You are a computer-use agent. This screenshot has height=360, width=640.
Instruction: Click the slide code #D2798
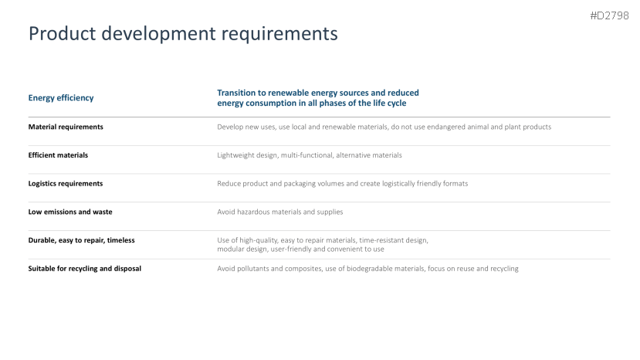(x=609, y=15)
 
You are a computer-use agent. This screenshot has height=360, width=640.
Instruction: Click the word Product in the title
(x=62, y=33)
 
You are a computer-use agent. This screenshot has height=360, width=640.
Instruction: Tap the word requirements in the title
(x=279, y=34)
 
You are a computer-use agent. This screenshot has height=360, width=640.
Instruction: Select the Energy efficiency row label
(x=61, y=97)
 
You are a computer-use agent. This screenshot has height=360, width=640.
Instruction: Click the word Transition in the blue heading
(x=237, y=93)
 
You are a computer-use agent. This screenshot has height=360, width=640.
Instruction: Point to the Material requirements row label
(x=66, y=127)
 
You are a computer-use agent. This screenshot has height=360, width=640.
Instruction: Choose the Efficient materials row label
(x=58, y=155)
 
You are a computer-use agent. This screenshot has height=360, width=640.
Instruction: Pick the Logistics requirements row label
(x=66, y=183)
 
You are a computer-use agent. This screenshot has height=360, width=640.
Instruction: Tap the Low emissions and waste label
(x=70, y=212)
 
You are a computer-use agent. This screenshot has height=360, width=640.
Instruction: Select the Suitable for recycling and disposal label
(x=84, y=269)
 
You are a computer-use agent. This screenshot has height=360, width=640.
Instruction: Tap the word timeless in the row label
(x=120, y=240)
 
